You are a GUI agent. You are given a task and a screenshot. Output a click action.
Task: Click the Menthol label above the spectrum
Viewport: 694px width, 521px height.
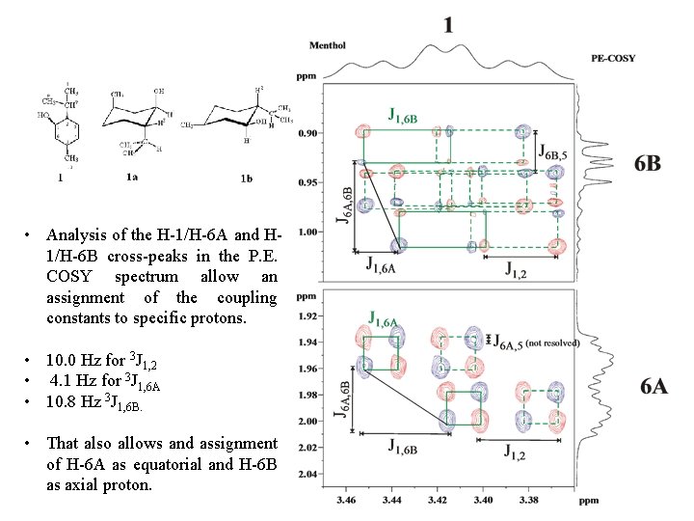tap(328, 45)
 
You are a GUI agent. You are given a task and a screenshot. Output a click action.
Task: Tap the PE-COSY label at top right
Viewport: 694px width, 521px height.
tap(613, 58)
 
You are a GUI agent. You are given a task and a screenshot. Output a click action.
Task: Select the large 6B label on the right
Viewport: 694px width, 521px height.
tap(648, 163)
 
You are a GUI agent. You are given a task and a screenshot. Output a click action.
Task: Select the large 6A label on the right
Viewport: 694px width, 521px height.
tap(654, 387)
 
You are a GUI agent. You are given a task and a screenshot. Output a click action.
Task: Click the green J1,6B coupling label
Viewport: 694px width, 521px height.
tap(402, 117)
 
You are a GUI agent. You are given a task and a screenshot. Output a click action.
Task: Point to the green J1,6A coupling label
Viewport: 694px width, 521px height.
tap(387, 317)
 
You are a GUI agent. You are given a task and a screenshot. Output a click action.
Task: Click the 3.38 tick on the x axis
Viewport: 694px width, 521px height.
tap(527, 501)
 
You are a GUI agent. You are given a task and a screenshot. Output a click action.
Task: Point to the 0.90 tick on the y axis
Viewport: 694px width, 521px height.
tap(308, 132)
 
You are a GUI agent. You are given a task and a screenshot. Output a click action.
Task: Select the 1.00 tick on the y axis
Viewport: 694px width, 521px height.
tap(308, 232)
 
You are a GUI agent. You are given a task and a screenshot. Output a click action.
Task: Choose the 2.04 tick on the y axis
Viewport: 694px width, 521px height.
tap(308, 475)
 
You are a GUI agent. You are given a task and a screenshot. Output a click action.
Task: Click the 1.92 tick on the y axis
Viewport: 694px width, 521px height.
tap(308, 315)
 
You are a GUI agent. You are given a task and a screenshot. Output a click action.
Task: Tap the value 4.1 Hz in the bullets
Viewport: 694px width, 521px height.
tap(71, 385)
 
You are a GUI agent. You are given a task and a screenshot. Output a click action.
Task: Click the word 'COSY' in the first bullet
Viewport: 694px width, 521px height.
tap(67, 277)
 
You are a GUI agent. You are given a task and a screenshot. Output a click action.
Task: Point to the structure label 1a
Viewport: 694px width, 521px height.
tap(132, 178)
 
